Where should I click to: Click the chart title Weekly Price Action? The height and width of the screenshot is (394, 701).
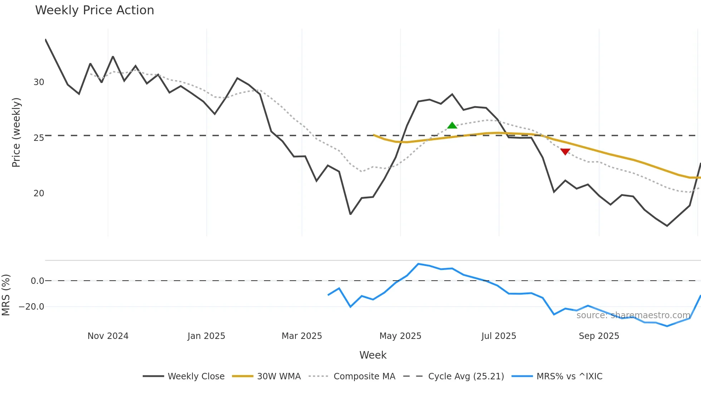[x=94, y=10]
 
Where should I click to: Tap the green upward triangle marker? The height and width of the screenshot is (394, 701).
[x=452, y=125]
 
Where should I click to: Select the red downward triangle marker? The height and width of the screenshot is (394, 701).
[x=565, y=152]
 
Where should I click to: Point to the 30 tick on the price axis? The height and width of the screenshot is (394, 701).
[x=39, y=82]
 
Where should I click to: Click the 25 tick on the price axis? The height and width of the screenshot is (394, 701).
[x=39, y=138]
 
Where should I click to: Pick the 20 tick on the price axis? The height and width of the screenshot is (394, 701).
[x=39, y=193]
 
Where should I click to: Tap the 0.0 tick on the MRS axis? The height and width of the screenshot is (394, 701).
[x=37, y=281]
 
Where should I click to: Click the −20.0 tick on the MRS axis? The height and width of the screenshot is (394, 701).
[x=31, y=307]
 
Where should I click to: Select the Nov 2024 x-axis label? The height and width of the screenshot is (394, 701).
[x=108, y=336]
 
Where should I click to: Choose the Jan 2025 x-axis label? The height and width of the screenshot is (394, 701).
[x=206, y=336]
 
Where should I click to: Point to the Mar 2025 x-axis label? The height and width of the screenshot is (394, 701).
[x=302, y=336]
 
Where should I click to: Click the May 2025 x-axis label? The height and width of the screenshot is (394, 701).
[x=400, y=336]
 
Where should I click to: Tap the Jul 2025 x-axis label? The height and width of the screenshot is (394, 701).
[x=499, y=336]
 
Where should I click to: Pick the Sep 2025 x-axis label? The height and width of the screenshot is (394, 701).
[x=599, y=336]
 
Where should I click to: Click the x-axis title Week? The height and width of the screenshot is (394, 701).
[x=373, y=355]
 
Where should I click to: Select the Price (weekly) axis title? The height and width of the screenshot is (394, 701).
[x=16, y=132]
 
